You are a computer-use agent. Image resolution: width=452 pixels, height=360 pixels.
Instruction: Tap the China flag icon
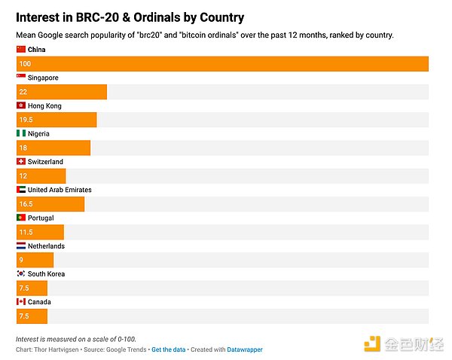(21, 49)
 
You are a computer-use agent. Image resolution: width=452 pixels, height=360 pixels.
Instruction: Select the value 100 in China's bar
(25, 64)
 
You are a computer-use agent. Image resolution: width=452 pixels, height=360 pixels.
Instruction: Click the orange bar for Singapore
(61, 92)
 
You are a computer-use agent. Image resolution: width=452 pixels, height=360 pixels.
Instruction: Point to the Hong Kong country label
(44, 105)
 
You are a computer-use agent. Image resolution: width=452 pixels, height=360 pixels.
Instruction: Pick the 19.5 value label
(26, 120)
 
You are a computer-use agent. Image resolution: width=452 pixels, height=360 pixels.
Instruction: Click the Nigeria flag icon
(21, 133)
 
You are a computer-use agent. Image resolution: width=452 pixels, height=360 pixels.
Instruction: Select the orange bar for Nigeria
(53, 148)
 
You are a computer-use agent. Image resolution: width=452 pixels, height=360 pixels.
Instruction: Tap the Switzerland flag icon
(21, 161)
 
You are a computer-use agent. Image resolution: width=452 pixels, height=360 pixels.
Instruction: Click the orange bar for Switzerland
(41, 175)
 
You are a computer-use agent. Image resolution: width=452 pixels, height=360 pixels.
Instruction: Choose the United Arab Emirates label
(60, 190)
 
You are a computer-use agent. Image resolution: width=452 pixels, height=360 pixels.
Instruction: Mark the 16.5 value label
(26, 204)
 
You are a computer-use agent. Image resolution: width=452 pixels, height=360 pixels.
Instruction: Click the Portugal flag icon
(21, 218)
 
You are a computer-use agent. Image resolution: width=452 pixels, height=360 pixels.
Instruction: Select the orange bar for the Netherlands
(35, 260)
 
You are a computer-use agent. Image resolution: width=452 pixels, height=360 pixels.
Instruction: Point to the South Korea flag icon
(21, 273)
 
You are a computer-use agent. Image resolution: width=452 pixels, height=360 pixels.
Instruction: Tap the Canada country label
(40, 302)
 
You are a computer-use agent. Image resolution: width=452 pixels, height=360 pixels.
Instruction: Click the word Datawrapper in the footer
(242, 349)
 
